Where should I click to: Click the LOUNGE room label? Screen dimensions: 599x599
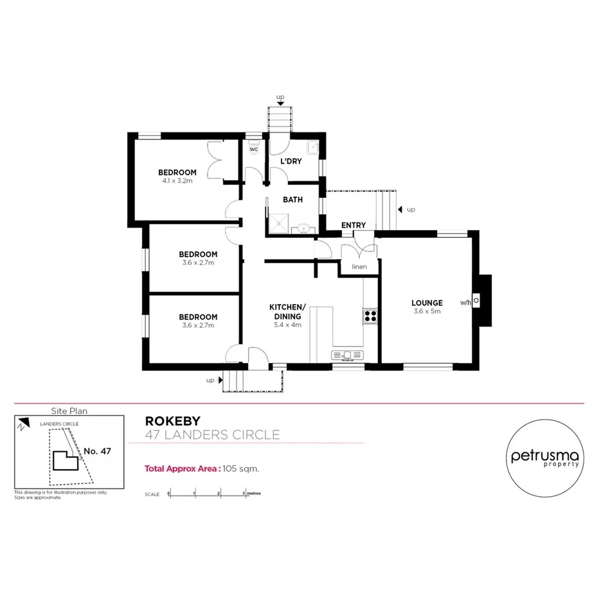click(427, 303)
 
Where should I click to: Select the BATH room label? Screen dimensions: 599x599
click(292, 200)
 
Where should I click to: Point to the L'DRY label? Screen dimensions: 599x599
click(291, 161)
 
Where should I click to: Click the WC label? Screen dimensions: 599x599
click(253, 149)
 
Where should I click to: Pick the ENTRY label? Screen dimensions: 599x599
click(353, 225)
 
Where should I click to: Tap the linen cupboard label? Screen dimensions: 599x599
click(359, 266)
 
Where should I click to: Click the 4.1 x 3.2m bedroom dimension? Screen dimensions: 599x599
click(177, 181)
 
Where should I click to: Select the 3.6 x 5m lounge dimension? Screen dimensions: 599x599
click(427, 312)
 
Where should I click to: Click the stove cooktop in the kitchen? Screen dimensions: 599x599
click(371, 315)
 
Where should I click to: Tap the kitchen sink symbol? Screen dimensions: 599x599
click(348, 354)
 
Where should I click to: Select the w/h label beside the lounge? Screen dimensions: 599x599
click(466, 301)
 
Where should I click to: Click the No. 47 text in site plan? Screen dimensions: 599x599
click(98, 451)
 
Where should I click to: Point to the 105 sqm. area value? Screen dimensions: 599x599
click(241, 469)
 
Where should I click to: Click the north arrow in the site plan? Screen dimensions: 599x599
click(23, 425)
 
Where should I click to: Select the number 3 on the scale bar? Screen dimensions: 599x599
click(244, 494)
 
